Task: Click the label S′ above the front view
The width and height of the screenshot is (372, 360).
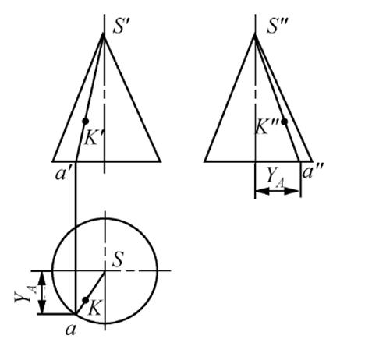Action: [121, 26]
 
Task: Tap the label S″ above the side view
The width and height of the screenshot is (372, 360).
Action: [277, 26]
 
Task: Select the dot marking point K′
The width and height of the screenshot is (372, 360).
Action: [85, 121]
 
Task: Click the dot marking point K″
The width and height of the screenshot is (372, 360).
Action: [285, 122]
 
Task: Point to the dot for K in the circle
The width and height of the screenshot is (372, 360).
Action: [85, 300]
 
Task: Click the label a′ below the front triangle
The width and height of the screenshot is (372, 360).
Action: [62, 174]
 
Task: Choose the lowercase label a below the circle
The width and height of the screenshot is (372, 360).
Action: [71, 330]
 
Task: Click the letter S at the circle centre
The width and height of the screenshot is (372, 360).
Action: [118, 259]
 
